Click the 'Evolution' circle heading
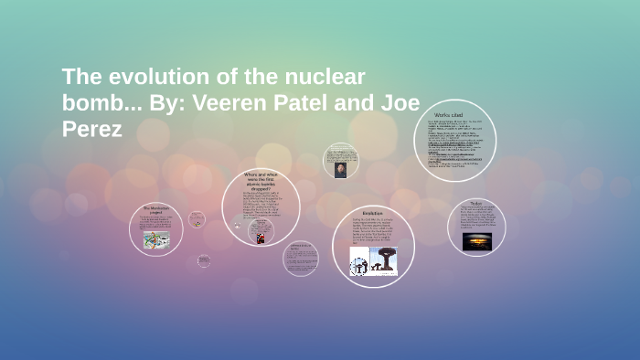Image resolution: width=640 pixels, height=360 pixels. [372, 212]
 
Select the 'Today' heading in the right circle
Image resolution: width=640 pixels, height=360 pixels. [476, 203]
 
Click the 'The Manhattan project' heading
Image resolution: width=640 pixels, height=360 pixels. [155, 210]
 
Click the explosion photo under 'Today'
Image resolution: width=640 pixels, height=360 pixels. [476, 240]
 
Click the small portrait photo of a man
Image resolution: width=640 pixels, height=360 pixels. [340, 170]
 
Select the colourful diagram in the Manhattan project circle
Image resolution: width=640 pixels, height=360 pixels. [155, 239]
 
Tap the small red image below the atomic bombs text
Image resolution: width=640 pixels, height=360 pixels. [261, 238]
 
